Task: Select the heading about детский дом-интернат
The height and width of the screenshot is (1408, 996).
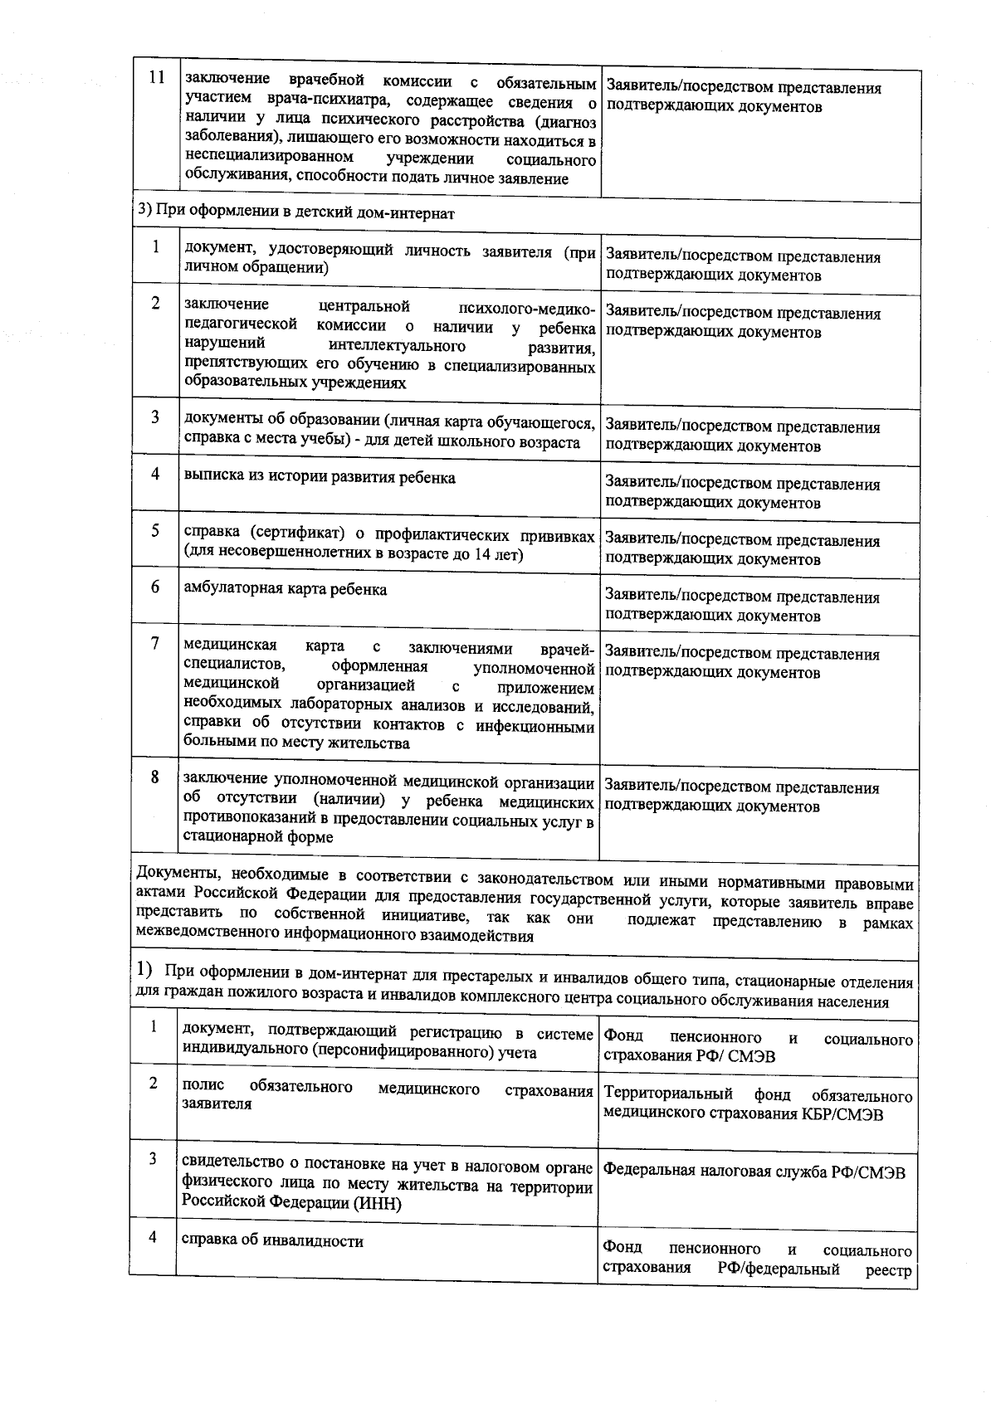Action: pyautogui.click(x=295, y=212)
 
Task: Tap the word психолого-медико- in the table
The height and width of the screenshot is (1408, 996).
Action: pyautogui.click(x=526, y=306)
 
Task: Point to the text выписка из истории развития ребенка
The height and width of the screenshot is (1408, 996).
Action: pyautogui.click(x=320, y=477)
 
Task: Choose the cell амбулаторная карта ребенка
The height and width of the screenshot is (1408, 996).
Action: pyautogui.click(x=286, y=590)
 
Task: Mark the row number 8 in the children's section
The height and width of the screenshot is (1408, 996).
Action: pyautogui.click(x=155, y=777)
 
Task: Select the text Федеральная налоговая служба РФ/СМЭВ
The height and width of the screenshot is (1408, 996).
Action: pyautogui.click(x=754, y=1172)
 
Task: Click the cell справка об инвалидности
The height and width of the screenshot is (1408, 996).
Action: pyautogui.click(x=273, y=1241)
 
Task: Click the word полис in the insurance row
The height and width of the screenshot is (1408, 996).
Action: pyautogui.click(x=198, y=1087)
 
